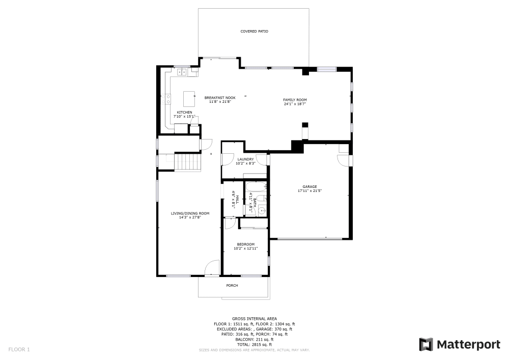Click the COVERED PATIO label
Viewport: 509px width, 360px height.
tap(254, 32)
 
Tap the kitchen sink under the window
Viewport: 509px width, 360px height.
tap(182, 72)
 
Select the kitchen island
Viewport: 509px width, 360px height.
tap(189, 96)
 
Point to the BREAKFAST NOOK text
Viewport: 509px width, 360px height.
tap(220, 97)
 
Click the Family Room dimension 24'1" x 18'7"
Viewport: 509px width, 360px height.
tap(295, 104)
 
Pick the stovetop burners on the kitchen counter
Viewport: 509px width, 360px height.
tap(167, 99)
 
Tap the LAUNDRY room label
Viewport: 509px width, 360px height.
tap(245, 159)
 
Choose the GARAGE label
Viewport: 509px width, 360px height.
tap(309, 186)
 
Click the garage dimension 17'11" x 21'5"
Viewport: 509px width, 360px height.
tap(309, 191)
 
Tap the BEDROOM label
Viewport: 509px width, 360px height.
tap(245, 244)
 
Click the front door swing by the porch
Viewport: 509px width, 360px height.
tap(212, 268)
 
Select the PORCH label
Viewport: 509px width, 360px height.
tap(232, 285)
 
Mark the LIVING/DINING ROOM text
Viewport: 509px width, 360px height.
tap(190, 213)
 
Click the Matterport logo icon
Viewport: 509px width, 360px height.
tap(426, 344)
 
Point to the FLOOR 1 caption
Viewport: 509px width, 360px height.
tap(19, 349)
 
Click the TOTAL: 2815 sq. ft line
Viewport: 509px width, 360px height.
tap(254, 345)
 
